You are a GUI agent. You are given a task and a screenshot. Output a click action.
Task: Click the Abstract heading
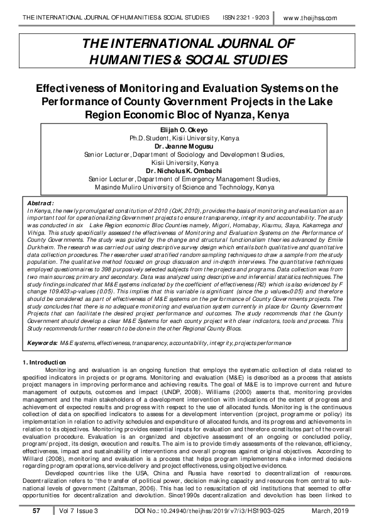41,203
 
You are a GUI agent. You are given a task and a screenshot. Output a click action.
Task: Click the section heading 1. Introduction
45,363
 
